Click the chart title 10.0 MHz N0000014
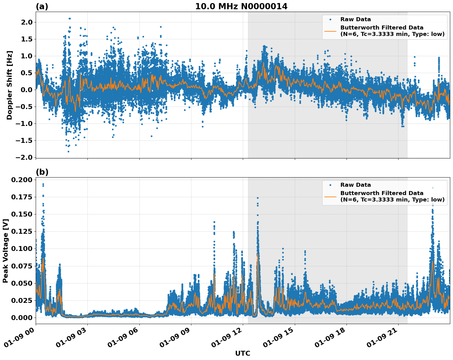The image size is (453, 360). click(241, 6)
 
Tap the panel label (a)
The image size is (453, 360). click(42, 6)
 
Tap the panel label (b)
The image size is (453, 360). click(42, 172)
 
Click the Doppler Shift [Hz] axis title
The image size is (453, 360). click(10, 85)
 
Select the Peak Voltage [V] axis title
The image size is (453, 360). click(5, 251)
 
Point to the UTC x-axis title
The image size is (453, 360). click(243, 353)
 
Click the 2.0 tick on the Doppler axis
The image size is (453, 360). click(27, 22)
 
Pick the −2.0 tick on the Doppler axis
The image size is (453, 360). click(25, 157)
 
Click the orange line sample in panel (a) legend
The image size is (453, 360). click(330, 31)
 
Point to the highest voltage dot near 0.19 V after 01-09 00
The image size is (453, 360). click(43, 184)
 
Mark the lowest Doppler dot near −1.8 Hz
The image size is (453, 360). click(68, 151)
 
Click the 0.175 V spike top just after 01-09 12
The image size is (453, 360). click(258, 198)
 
